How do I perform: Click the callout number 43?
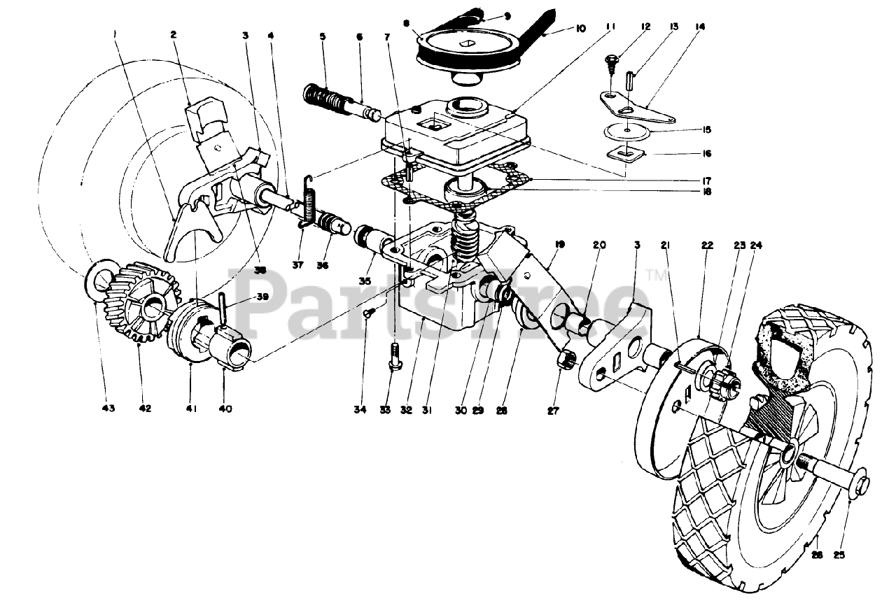pyautogui.click(x=109, y=408)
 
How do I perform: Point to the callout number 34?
pyautogui.click(x=360, y=409)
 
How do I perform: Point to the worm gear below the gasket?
pyautogui.click(x=462, y=241)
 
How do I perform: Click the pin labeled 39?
pyautogui.click(x=223, y=308)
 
